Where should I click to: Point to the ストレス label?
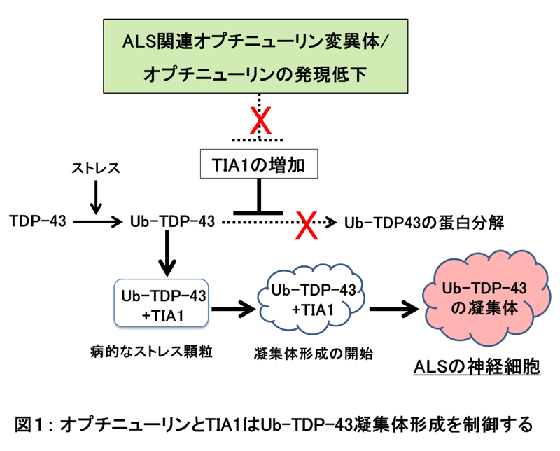click(96, 169)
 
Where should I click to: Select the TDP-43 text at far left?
click(37, 222)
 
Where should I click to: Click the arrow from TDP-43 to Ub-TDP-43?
click(96, 222)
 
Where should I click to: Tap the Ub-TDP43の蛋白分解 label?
click(425, 222)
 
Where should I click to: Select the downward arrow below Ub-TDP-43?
click(167, 253)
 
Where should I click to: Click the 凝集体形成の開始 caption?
click(312, 353)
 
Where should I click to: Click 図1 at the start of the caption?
click(32, 424)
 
